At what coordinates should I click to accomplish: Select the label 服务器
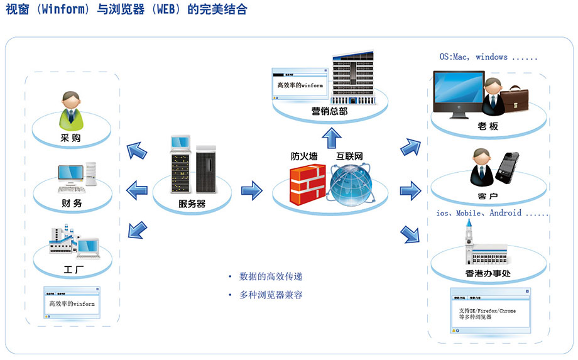click(192, 204)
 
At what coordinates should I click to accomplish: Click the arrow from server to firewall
click(251, 189)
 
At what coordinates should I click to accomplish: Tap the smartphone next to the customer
click(507, 166)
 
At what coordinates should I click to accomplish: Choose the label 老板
click(488, 127)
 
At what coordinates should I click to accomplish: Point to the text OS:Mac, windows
click(488, 57)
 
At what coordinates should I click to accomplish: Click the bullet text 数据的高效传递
click(275, 276)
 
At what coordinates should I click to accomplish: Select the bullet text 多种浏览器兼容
click(275, 294)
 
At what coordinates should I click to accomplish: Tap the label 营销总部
click(329, 111)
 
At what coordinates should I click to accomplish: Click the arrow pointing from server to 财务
click(137, 188)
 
